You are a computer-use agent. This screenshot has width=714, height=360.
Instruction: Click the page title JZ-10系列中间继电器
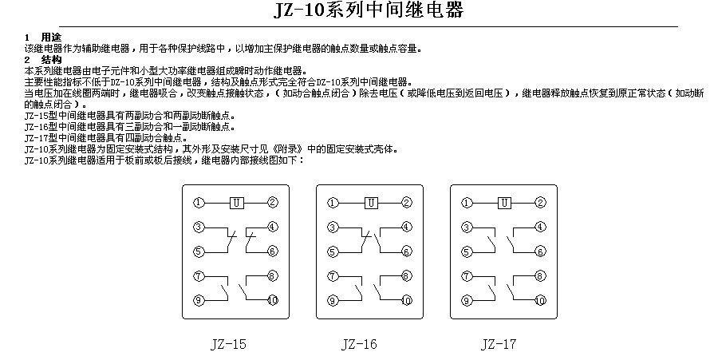(x=368, y=10)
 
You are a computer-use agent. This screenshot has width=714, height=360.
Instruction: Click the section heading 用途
(x=51, y=38)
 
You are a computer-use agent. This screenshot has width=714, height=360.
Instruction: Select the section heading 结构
(x=51, y=60)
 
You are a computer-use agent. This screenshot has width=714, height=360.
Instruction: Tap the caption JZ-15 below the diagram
(x=228, y=343)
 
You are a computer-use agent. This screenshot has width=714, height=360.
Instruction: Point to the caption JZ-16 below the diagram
(x=359, y=343)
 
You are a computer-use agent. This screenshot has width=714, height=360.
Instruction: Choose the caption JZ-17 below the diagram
(x=499, y=343)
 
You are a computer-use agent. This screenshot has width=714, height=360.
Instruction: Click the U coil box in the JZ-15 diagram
(x=236, y=203)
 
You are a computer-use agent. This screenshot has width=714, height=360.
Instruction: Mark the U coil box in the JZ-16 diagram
(x=371, y=203)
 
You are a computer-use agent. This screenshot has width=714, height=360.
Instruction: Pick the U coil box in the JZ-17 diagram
(x=504, y=203)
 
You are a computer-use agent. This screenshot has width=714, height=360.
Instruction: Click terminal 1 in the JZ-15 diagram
(x=199, y=203)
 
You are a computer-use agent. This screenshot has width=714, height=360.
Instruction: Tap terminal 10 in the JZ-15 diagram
(x=273, y=300)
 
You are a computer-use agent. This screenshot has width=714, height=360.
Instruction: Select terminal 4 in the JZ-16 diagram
(x=407, y=227)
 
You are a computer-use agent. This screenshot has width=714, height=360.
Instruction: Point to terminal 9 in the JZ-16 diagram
(x=333, y=300)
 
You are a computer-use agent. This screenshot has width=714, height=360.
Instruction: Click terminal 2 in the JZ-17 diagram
(x=541, y=203)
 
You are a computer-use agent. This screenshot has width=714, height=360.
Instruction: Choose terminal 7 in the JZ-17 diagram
(x=467, y=275)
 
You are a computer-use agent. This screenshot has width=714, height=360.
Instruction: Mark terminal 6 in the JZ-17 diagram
(x=541, y=251)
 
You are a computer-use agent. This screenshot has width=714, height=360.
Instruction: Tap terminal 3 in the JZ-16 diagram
(x=333, y=227)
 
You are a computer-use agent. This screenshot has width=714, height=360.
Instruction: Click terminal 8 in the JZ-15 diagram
(x=273, y=275)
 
